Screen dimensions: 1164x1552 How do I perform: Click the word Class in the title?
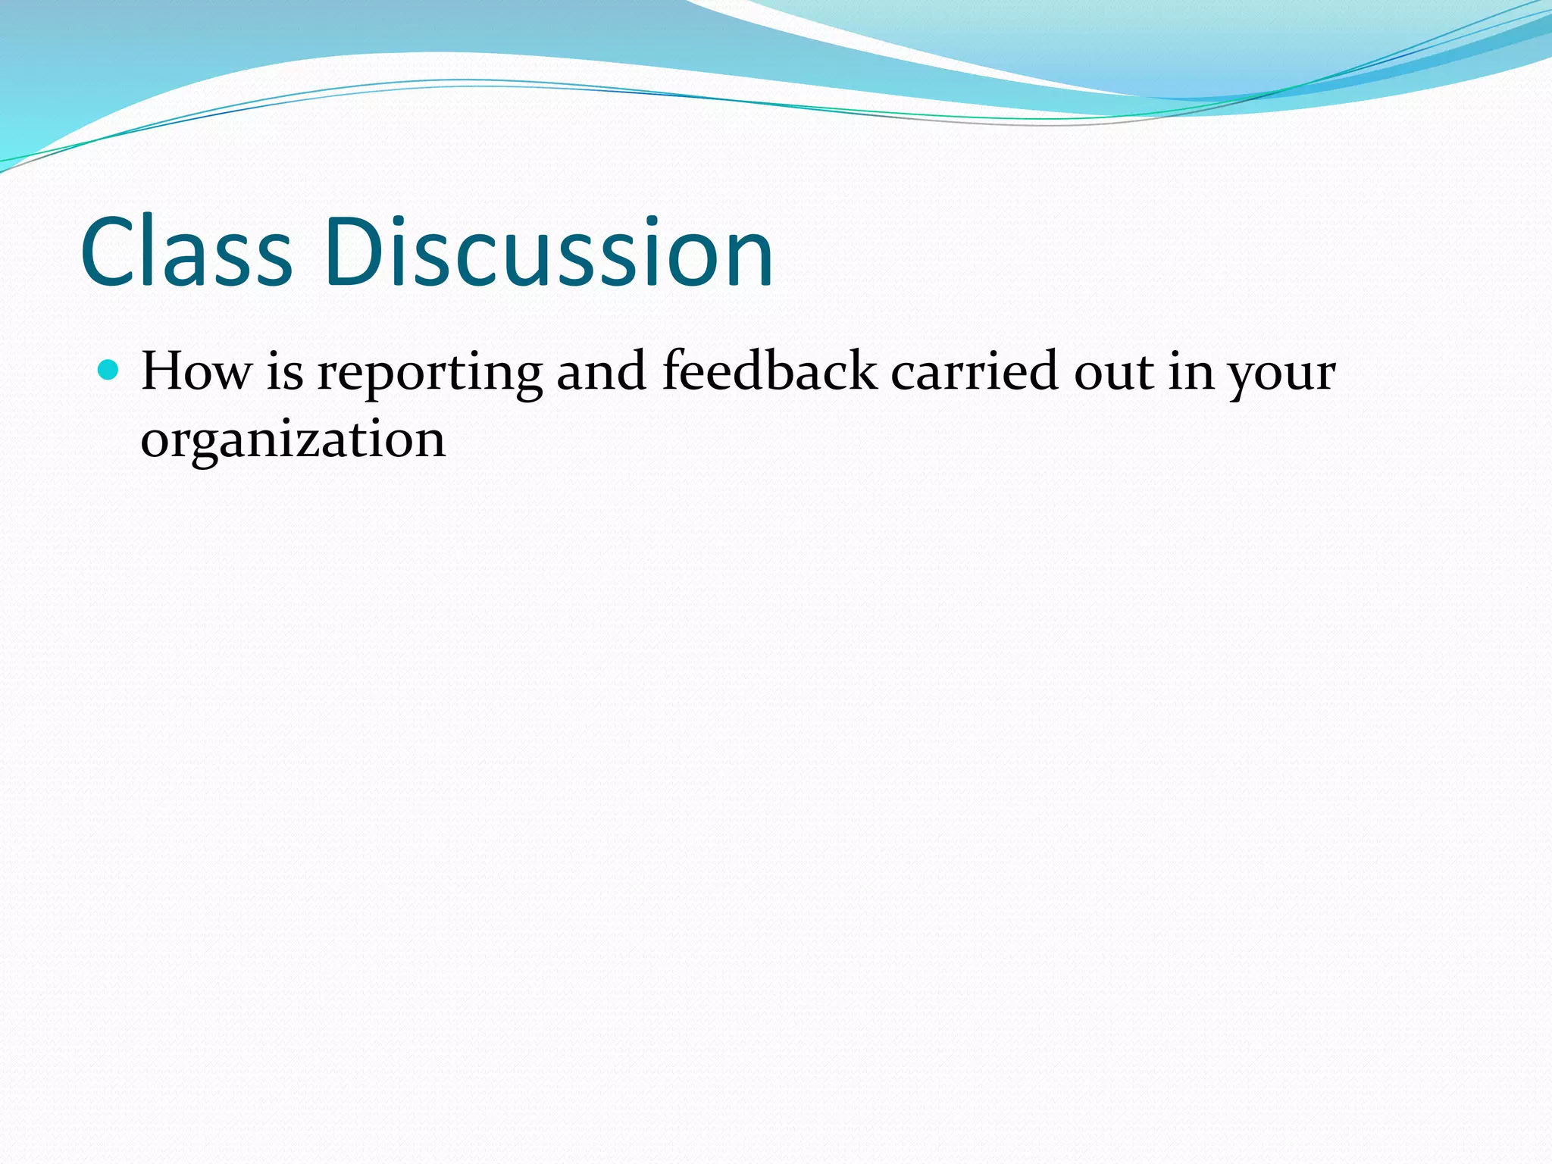186,252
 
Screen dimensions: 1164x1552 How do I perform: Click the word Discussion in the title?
548,252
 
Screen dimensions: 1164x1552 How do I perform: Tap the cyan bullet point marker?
109,371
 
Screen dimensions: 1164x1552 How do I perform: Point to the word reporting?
429,374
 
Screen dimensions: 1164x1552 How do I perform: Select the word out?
1112,373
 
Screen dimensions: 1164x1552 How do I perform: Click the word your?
1281,376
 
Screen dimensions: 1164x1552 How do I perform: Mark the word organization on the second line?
293,441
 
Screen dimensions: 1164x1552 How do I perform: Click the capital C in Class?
111,252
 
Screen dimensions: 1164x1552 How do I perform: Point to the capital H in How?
164,371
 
